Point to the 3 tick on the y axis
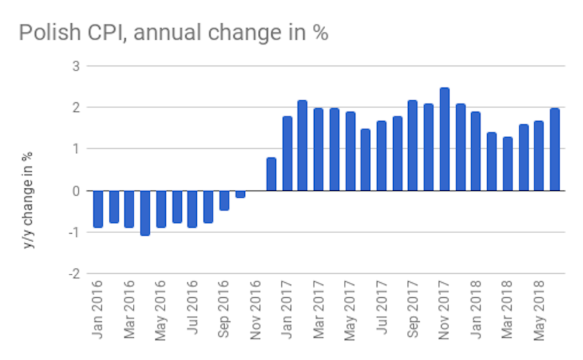[76, 66]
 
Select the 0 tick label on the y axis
[76, 191]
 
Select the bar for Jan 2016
[98, 208]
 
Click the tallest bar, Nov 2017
[444, 139]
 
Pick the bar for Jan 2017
[287, 153]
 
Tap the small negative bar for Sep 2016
[224, 200]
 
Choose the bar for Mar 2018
[507, 164]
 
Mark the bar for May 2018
[539, 156]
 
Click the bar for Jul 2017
[382, 156]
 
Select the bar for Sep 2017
[413, 146]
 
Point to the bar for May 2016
[161, 208]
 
